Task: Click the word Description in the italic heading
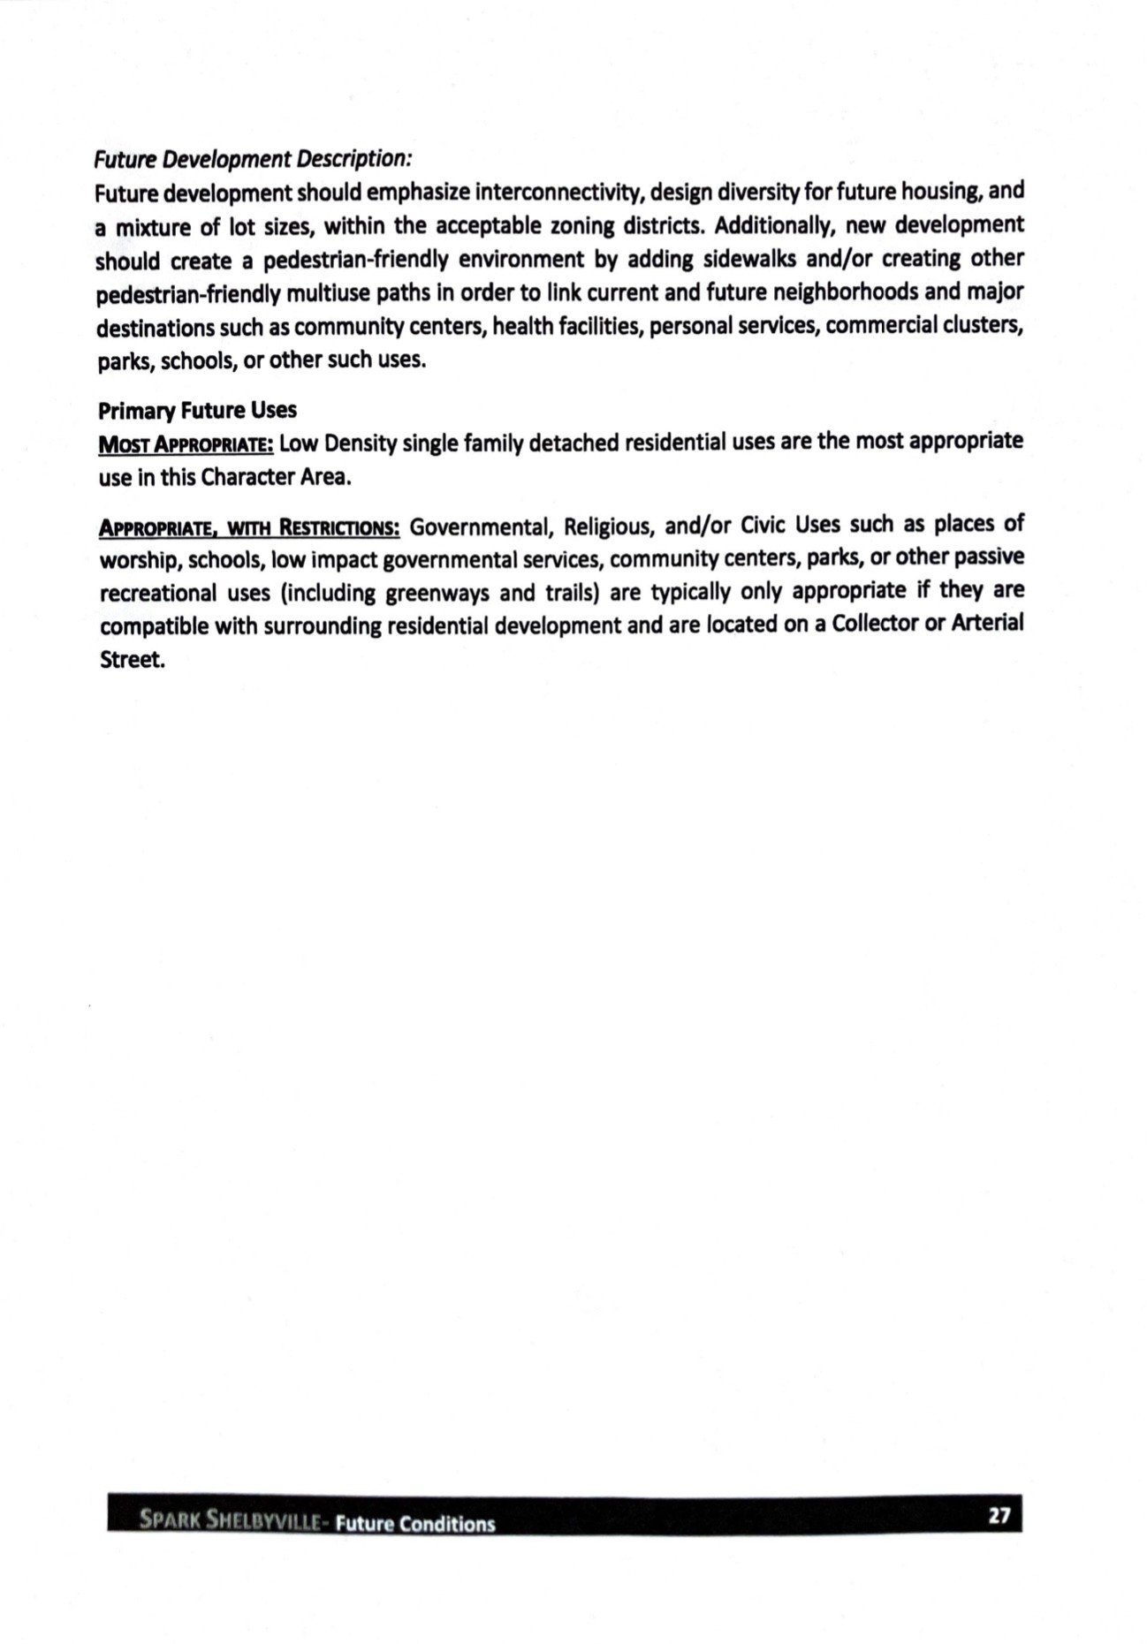[x=353, y=159]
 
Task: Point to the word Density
[x=361, y=443]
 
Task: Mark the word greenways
[x=437, y=593]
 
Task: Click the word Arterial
[x=987, y=624]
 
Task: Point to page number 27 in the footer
[x=999, y=1515]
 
